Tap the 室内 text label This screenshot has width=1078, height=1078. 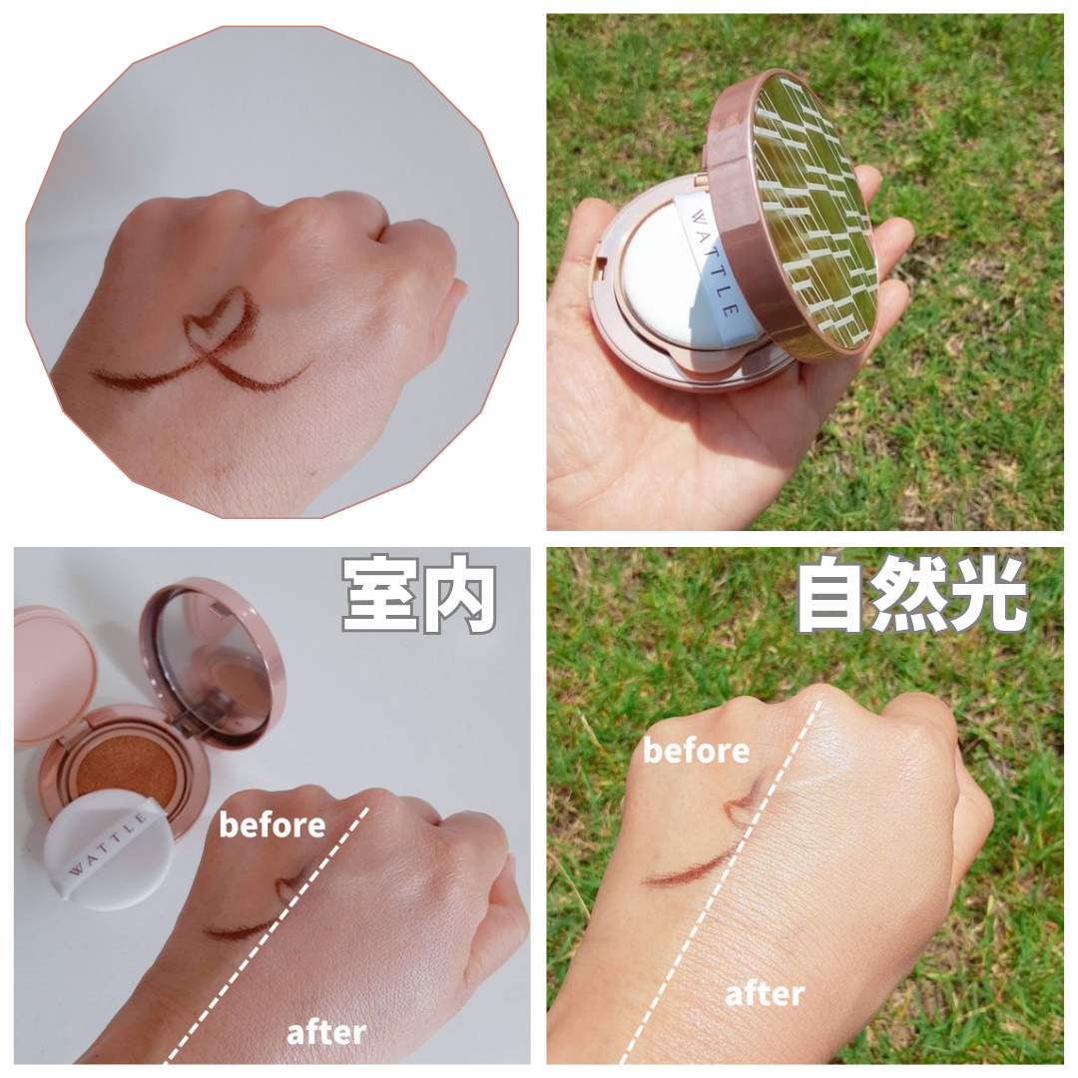click(x=419, y=596)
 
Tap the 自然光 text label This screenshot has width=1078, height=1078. click(x=912, y=595)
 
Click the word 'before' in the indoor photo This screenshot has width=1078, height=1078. click(x=271, y=824)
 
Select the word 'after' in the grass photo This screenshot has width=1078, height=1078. click(x=765, y=993)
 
